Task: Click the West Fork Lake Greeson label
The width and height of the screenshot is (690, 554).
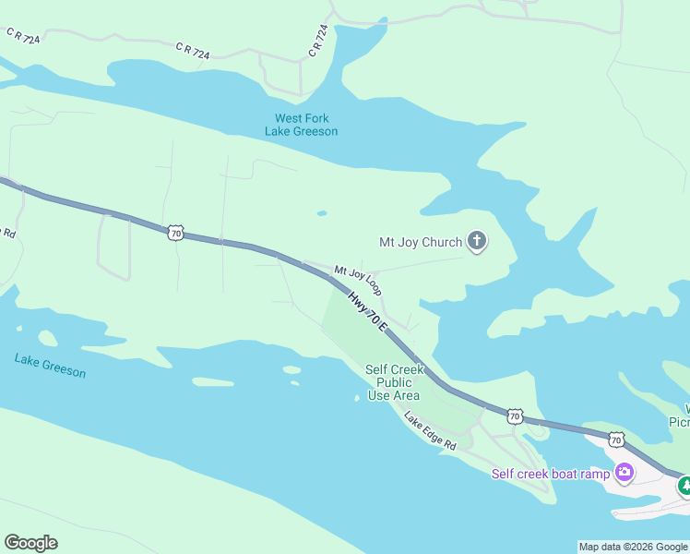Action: pos(301,125)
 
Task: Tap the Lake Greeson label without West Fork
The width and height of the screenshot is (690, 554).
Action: pos(50,366)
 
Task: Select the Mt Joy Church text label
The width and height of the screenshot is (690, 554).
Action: pos(421,243)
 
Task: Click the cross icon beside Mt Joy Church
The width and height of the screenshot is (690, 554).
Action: pos(477,243)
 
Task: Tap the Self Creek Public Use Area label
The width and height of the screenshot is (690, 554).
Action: pos(394,382)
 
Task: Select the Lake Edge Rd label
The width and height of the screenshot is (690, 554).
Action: pos(430,431)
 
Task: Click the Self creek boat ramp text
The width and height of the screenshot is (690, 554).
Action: pos(550,474)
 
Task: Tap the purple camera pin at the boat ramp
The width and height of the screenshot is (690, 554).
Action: pos(625,473)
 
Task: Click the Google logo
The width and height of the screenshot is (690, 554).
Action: pos(30,543)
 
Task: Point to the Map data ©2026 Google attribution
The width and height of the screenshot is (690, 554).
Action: pos(632,547)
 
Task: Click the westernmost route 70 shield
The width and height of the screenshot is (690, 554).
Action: pos(175,233)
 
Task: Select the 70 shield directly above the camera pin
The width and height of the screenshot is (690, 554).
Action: pos(615,441)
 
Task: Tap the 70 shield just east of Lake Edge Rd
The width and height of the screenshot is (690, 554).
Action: pos(515,417)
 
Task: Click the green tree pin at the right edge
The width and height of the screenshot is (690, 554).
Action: pos(684,485)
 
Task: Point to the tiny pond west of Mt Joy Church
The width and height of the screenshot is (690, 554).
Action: pos(321,213)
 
